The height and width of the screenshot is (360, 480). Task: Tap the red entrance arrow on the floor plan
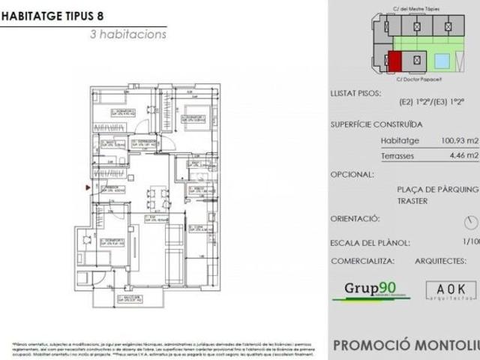coord(88,187)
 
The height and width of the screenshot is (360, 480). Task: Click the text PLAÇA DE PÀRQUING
coord(437,190)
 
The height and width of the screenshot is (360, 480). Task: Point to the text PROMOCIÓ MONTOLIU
coord(405,346)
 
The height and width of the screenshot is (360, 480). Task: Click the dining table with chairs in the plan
coord(154,199)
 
